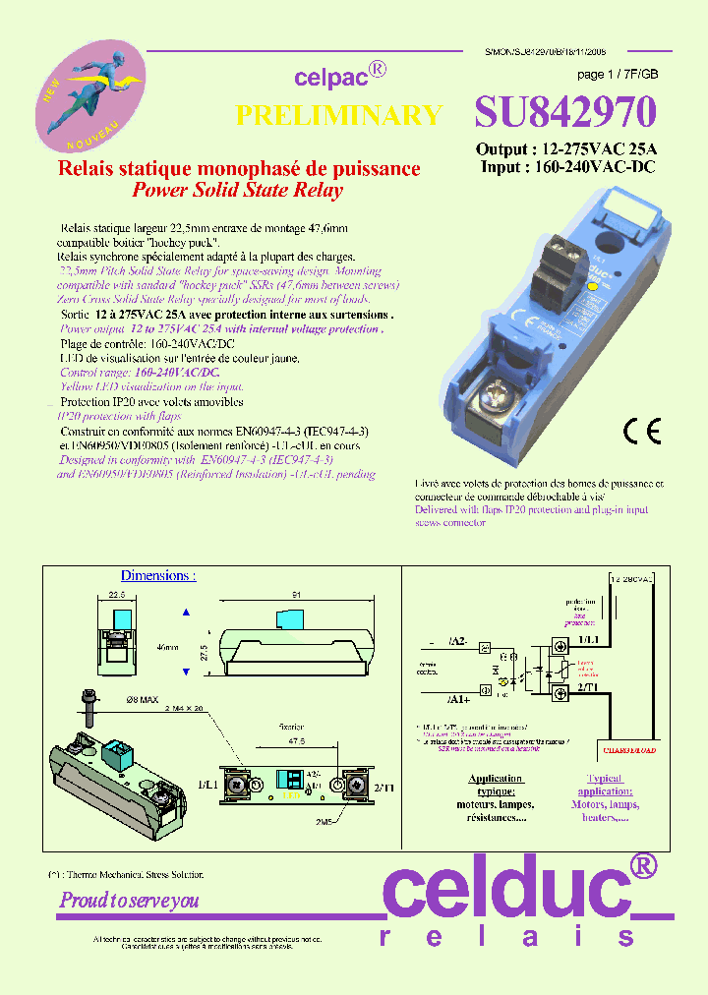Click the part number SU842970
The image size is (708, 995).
pos(564,113)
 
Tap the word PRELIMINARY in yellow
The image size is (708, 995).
pos(339,115)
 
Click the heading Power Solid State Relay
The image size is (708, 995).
pos(238,191)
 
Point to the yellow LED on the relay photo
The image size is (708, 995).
pos(592,290)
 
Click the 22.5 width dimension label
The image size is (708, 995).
pos(117,595)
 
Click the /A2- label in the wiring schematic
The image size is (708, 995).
pos(456,641)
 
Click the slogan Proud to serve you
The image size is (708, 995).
pos(129,900)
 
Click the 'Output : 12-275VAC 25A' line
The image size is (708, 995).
pos(566,149)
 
